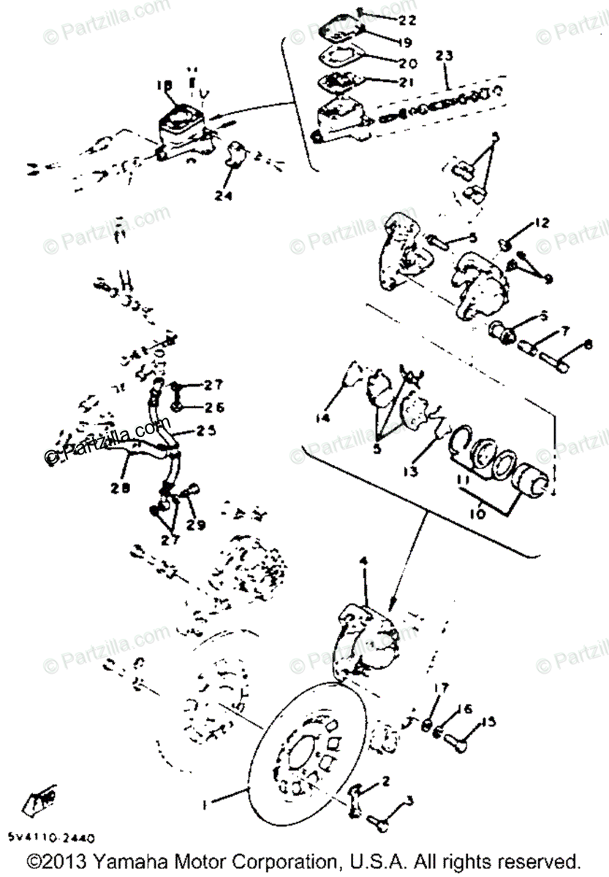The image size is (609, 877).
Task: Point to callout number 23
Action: [445, 56]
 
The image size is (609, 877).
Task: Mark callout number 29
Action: [197, 524]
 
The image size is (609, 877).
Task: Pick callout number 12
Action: [541, 221]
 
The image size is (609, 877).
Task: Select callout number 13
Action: [412, 471]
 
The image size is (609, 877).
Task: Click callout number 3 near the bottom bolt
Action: [408, 801]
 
